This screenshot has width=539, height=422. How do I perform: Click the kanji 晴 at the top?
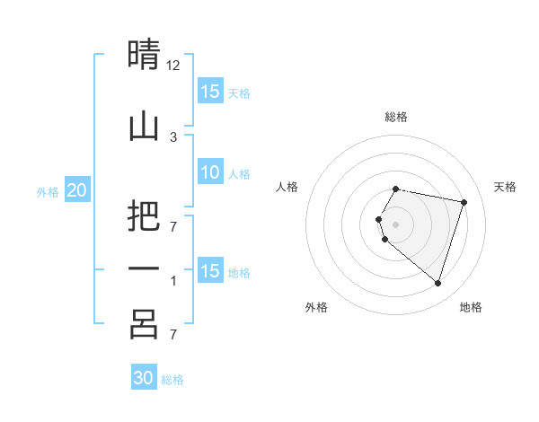[x=144, y=55]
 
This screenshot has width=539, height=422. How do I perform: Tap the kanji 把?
[x=144, y=216]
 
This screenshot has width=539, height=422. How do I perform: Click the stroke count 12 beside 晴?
[x=173, y=66]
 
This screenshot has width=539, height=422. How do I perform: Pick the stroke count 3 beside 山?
[x=173, y=136]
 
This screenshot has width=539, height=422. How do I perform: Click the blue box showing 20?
[x=76, y=190]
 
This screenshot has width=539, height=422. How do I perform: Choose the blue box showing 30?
[x=144, y=378]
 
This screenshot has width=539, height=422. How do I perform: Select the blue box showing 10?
[x=210, y=173]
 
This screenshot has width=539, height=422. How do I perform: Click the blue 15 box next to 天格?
[x=210, y=92]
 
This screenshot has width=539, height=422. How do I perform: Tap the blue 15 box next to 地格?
[x=210, y=271]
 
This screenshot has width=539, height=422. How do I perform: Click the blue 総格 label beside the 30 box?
[x=172, y=380]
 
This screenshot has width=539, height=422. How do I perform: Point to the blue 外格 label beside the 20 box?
[x=48, y=191]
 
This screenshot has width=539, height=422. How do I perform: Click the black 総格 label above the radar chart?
[x=396, y=117]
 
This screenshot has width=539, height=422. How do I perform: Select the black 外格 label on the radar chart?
[x=316, y=307]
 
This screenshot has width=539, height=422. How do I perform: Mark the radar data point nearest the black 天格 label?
[x=464, y=203]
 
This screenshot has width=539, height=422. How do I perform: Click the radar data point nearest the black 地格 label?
[x=437, y=284]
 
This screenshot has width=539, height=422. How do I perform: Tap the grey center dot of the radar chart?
[x=396, y=224]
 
